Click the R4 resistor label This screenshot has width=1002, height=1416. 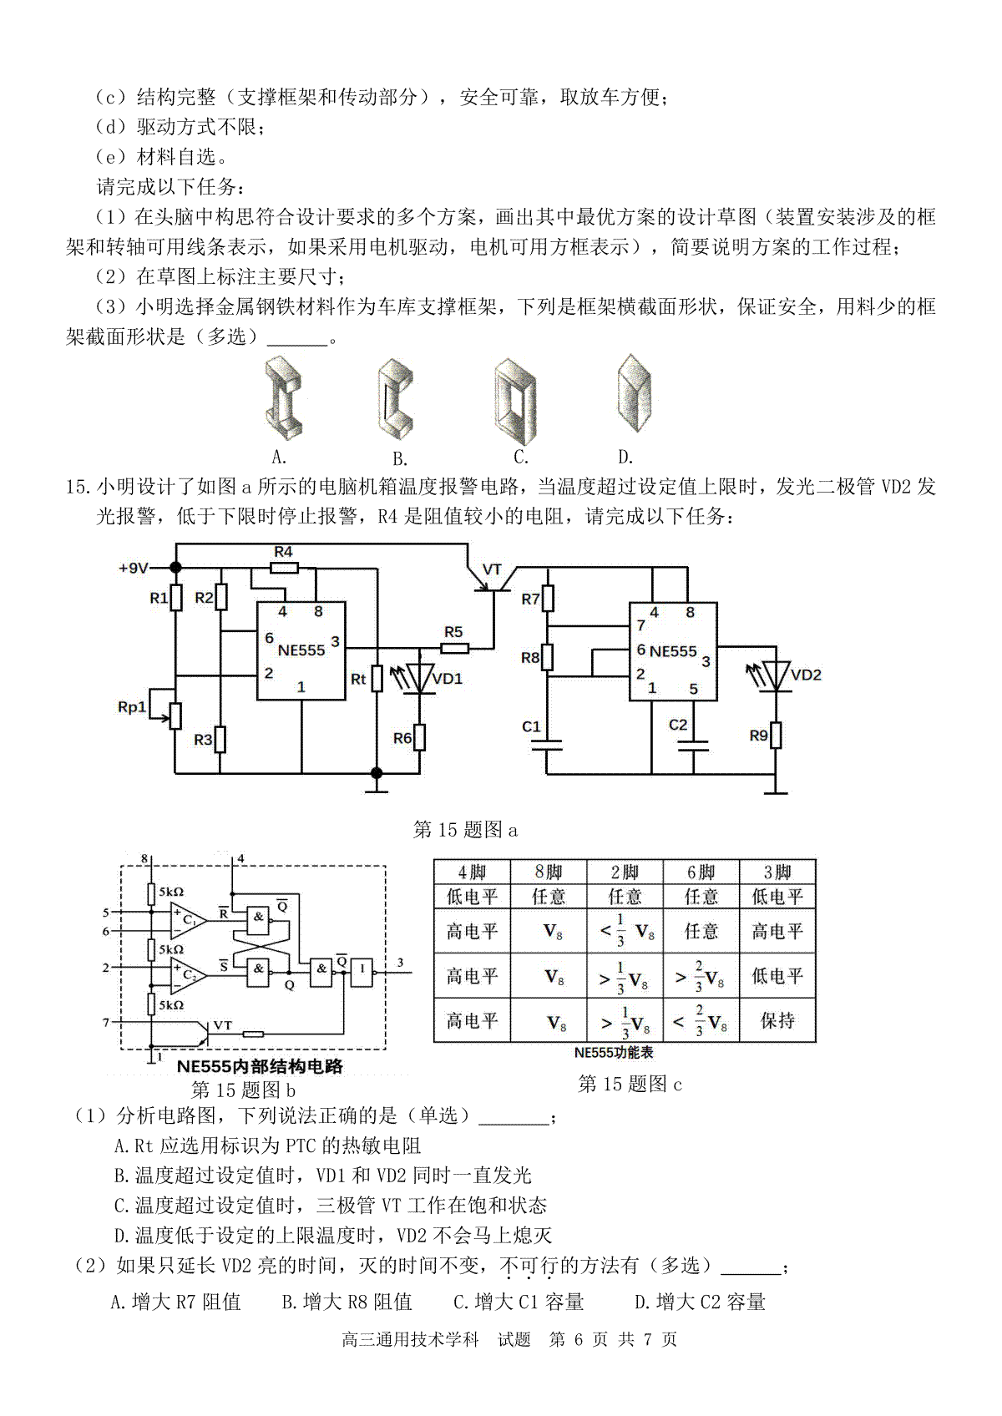[283, 551]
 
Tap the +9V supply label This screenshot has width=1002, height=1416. [134, 569]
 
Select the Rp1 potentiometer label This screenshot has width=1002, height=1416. [131, 706]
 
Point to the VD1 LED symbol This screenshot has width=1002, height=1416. [420, 678]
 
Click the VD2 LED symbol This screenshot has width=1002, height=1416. [777, 675]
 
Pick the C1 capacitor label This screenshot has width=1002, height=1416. [531, 727]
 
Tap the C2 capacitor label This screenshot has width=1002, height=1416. [678, 725]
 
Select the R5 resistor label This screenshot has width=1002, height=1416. [453, 631]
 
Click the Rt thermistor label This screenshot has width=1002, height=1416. [358, 679]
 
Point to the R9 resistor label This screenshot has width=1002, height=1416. [759, 736]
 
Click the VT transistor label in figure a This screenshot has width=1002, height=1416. [492, 569]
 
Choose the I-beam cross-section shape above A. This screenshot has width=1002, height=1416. [282, 397]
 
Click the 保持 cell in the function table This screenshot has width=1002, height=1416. [777, 1020]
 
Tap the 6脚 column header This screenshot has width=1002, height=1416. [701, 872]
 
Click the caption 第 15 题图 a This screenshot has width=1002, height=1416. [465, 829]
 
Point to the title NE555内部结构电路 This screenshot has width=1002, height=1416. [260, 1066]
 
